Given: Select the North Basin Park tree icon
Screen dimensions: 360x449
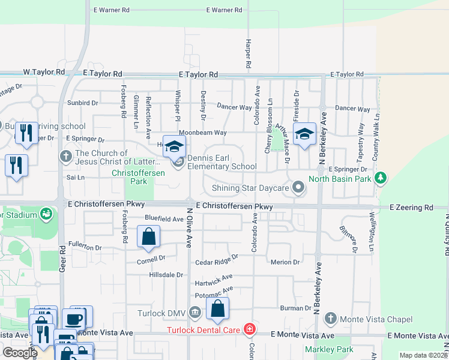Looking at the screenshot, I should coord(379,178).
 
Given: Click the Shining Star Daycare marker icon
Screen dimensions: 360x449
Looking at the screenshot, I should coord(298,188).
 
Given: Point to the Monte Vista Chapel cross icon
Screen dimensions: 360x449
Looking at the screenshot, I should coord(330,319).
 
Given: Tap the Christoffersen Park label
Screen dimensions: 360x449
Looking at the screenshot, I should coord(130,177).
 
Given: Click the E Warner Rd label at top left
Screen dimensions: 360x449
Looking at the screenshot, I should coord(112,10).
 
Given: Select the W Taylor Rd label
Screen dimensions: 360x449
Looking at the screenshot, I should coord(44,72).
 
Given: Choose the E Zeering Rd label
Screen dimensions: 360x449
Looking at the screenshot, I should coord(411,208).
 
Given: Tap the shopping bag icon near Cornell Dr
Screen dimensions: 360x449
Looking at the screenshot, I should coord(148,236).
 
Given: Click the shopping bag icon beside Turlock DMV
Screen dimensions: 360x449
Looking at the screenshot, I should coord(217,309).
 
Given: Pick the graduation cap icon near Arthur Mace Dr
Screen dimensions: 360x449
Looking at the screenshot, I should coord(304,134).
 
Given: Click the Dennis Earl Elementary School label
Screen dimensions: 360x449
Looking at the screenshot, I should coord(222,163).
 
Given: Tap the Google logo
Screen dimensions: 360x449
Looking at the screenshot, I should coord(20,353).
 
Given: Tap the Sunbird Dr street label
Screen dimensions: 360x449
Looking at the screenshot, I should coord(83,103).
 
